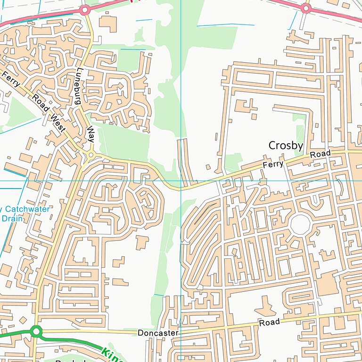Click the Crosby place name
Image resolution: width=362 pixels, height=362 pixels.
285,146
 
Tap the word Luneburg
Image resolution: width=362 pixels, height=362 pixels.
79,86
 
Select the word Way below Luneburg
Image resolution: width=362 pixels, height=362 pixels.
90,133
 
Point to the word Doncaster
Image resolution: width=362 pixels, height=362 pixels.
158,333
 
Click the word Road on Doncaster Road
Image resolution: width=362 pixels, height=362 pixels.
269,322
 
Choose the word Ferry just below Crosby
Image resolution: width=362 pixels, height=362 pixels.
274,164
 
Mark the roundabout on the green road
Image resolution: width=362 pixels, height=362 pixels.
36,331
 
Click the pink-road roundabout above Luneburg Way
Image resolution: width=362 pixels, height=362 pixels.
85,9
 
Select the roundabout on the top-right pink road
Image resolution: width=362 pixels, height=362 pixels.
306,8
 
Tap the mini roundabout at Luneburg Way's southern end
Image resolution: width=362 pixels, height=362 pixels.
90,155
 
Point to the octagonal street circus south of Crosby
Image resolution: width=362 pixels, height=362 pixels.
300,224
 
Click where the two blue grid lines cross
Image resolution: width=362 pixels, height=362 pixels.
181,181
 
